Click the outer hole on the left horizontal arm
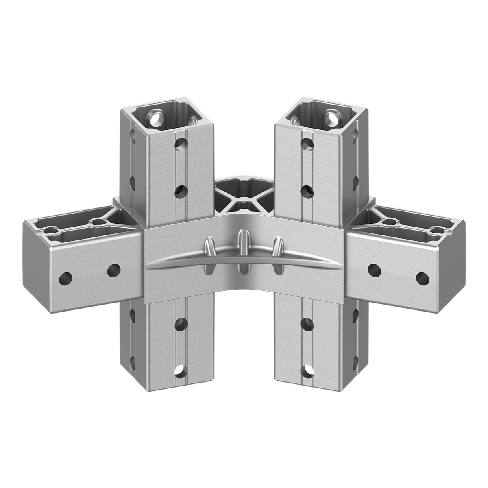pyautogui.click(x=65, y=279)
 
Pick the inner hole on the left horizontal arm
pyautogui.click(x=114, y=269)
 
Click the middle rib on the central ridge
pyautogui.click(x=244, y=252)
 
